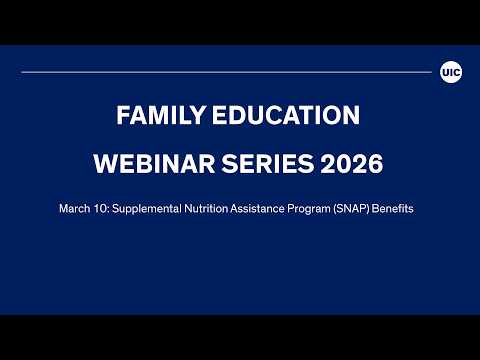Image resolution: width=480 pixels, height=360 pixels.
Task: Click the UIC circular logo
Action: tap(450, 72)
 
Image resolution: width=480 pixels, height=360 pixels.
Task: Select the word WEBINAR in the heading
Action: tap(150, 162)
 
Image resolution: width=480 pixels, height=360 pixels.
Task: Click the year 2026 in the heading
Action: tap(350, 162)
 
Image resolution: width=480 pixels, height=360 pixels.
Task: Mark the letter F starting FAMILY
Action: tap(123, 116)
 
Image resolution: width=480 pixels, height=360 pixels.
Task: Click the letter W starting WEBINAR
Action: tap(103, 162)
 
